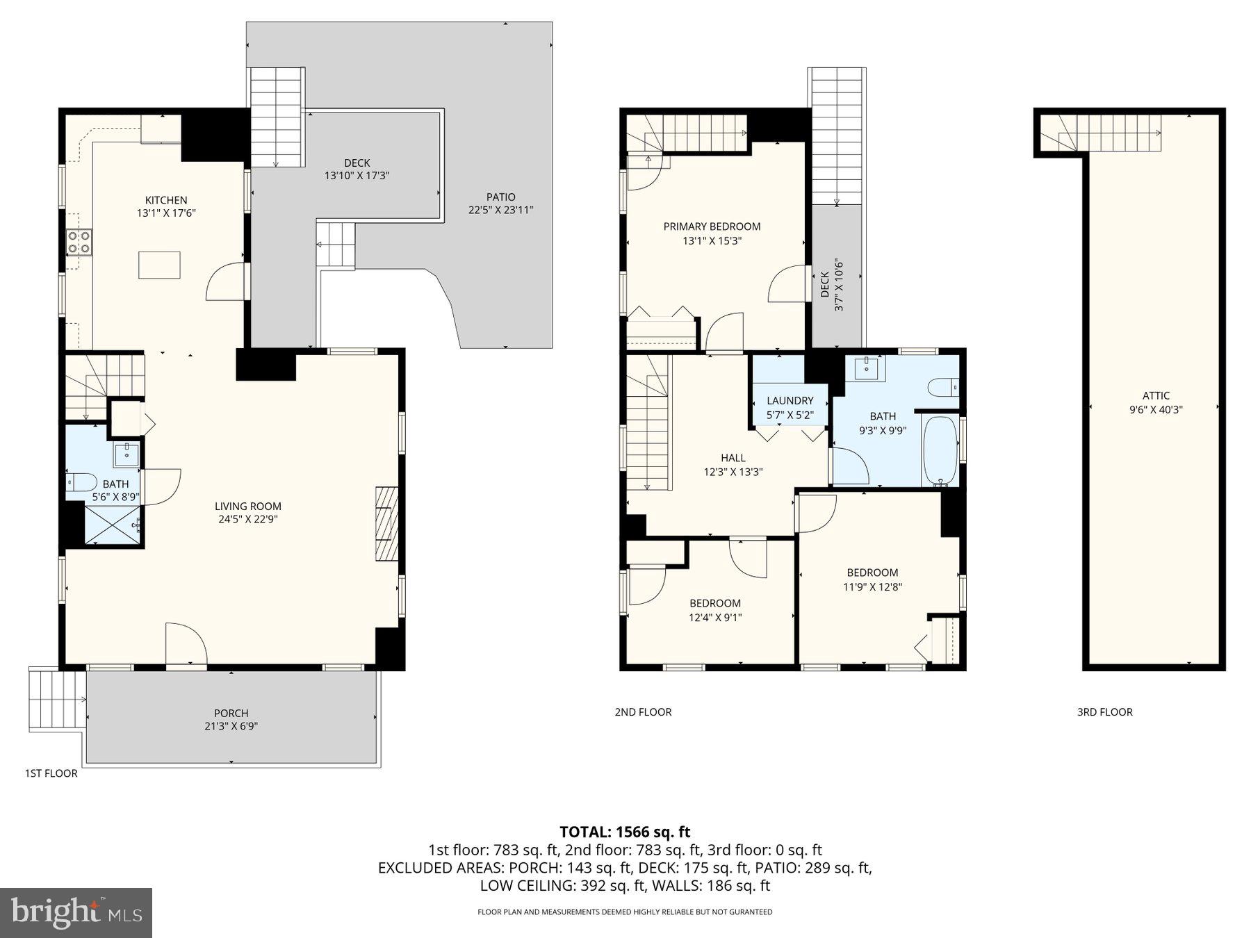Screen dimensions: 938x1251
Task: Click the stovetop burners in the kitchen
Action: point(79,242)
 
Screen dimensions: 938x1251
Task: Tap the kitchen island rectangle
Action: point(159,265)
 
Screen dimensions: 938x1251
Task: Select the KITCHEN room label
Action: point(166,200)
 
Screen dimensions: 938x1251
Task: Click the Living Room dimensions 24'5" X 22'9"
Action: point(247,519)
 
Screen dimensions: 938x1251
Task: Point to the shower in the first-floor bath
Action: point(112,525)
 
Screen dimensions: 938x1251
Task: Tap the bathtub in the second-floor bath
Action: point(940,450)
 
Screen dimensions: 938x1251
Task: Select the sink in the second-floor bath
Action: point(866,367)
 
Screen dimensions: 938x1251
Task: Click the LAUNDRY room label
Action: point(790,400)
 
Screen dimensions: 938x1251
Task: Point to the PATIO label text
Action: point(500,197)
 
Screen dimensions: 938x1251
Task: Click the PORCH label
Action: point(231,713)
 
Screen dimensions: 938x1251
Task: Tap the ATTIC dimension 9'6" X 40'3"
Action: point(1156,410)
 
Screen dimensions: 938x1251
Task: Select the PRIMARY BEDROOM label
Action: point(712,227)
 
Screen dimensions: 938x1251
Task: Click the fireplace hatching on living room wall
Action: point(386,523)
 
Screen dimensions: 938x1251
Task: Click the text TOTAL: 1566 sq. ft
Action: point(625,832)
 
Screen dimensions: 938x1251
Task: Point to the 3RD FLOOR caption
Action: point(1104,711)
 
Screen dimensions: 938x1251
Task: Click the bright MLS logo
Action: point(76,912)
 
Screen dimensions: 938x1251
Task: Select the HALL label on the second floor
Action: point(733,458)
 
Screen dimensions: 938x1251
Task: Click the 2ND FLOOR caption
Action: point(643,711)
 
